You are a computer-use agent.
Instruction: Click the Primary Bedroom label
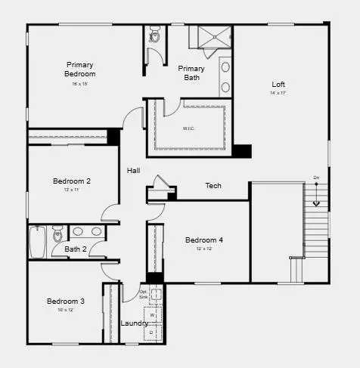pos(80,69)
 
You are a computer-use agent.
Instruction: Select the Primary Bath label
pos(191,73)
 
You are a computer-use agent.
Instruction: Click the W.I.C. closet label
pos(189,128)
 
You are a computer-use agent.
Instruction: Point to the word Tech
pos(213,185)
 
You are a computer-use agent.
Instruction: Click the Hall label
pos(134,171)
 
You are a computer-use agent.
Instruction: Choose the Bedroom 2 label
pos(72,181)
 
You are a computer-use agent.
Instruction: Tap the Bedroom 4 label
pos(204,240)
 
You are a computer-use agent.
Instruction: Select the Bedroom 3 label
pos(66,301)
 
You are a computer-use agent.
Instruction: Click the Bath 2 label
pos(75,249)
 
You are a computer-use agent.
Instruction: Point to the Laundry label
pos(135,323)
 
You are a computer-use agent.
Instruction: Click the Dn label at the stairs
pos(317,178)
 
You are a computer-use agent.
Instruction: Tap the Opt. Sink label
pos(144,295)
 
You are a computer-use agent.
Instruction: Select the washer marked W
pos(151,314)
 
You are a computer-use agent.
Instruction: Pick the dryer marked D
pos(151,331)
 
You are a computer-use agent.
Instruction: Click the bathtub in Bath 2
pos(36,241)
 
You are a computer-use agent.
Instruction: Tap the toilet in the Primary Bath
pos(154,35)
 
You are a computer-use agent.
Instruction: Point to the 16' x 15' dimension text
pos(79,83)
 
